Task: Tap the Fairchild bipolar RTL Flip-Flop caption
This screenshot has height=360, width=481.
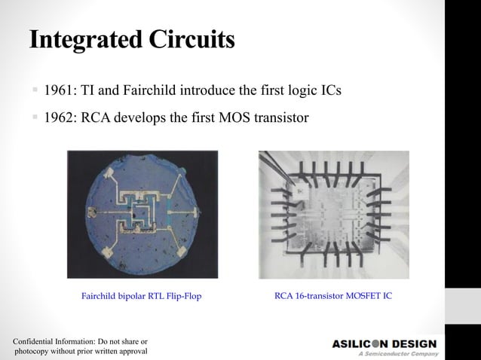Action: pyautogui.click(x=141, y=297)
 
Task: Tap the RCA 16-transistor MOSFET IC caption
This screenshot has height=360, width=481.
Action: pyautogui.click(x=332, y=296)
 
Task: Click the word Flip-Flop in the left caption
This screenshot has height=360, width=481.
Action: pyautogui.click(x=182, y=297)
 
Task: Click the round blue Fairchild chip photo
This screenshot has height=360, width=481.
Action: pyautogui.click(x=142, y=214)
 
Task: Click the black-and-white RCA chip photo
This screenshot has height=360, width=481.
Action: pyautogui.click(x=333, y=215)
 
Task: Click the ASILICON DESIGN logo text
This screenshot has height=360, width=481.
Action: pyautogui.click(x=384, y=344)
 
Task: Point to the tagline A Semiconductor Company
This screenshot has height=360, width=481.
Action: pyautogui.click(x=397, y=354)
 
